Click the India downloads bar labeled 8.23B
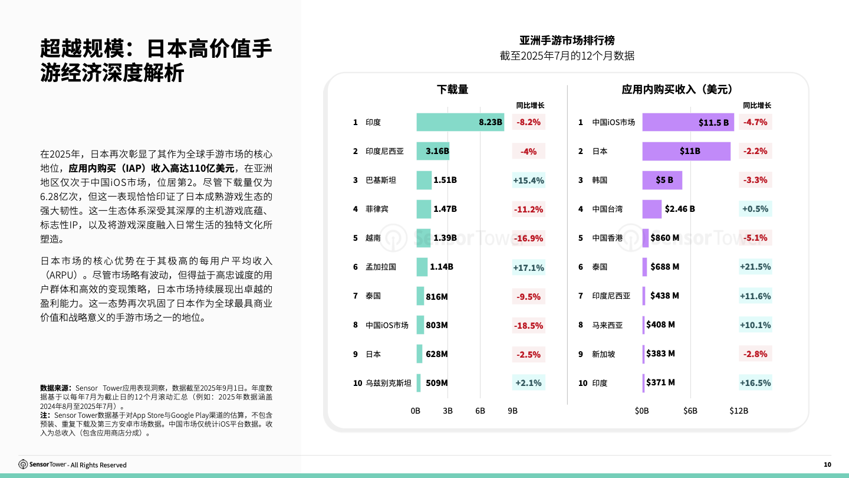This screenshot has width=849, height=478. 460,122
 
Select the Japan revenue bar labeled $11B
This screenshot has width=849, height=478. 686,151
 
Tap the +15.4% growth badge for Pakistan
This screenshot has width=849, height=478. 528,180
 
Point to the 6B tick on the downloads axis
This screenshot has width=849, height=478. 480,411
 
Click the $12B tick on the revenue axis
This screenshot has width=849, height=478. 739,411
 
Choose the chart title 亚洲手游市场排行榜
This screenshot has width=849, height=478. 567,41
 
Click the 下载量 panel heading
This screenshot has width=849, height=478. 452,89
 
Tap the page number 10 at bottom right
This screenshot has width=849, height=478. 827,465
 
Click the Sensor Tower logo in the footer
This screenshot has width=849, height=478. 42,464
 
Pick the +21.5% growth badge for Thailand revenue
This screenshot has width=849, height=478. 755,267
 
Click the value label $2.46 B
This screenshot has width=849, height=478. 680,209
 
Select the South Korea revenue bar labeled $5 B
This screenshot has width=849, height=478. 662,180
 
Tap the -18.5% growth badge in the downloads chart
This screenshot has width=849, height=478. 528,325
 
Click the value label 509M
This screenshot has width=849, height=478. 436,383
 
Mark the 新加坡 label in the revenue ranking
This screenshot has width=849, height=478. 603,354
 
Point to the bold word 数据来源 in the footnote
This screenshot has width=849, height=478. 55,388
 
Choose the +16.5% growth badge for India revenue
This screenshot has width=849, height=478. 755,383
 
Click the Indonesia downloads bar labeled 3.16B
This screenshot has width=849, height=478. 433,151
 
